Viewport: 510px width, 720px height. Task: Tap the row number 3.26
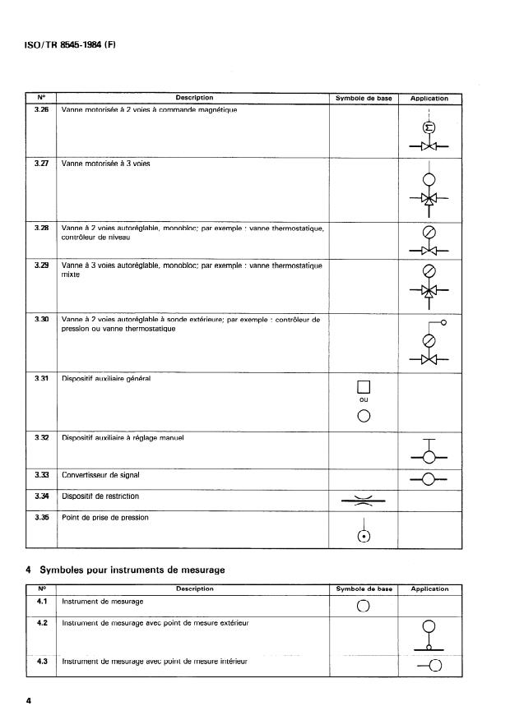coord(41,109)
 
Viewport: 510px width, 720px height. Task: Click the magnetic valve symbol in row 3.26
coord(429,135)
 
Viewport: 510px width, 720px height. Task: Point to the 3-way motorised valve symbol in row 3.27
coord(429,190)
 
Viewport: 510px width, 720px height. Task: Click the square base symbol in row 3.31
coord(363,388)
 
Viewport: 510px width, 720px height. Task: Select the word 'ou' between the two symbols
coord(363,400)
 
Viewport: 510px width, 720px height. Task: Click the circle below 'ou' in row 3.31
coord(363,415)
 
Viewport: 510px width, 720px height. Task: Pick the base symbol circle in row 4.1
coord(363,607)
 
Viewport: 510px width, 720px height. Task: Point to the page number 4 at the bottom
coord(29,701)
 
